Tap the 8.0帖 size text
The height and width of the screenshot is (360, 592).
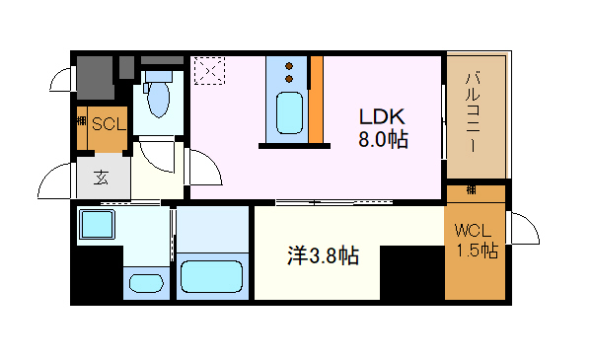point(383,140)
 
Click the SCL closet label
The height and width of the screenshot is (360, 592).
point(107,124)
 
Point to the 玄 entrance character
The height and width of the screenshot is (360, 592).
point(103,179)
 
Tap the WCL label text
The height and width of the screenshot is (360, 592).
point(473,233)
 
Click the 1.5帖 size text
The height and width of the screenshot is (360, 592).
point(476,252)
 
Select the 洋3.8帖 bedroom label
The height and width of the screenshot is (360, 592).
point(322,257)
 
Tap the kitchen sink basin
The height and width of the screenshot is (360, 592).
point(289,112)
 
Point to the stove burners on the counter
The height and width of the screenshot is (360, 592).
point(289,70)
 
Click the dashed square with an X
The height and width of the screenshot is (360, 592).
point(208,72)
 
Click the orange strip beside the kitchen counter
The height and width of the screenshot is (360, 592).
point(317,99)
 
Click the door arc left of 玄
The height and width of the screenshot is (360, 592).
point(54,180)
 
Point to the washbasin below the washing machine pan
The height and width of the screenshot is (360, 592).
point(146,283)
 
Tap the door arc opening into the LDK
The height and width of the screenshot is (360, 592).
point(205,169)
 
